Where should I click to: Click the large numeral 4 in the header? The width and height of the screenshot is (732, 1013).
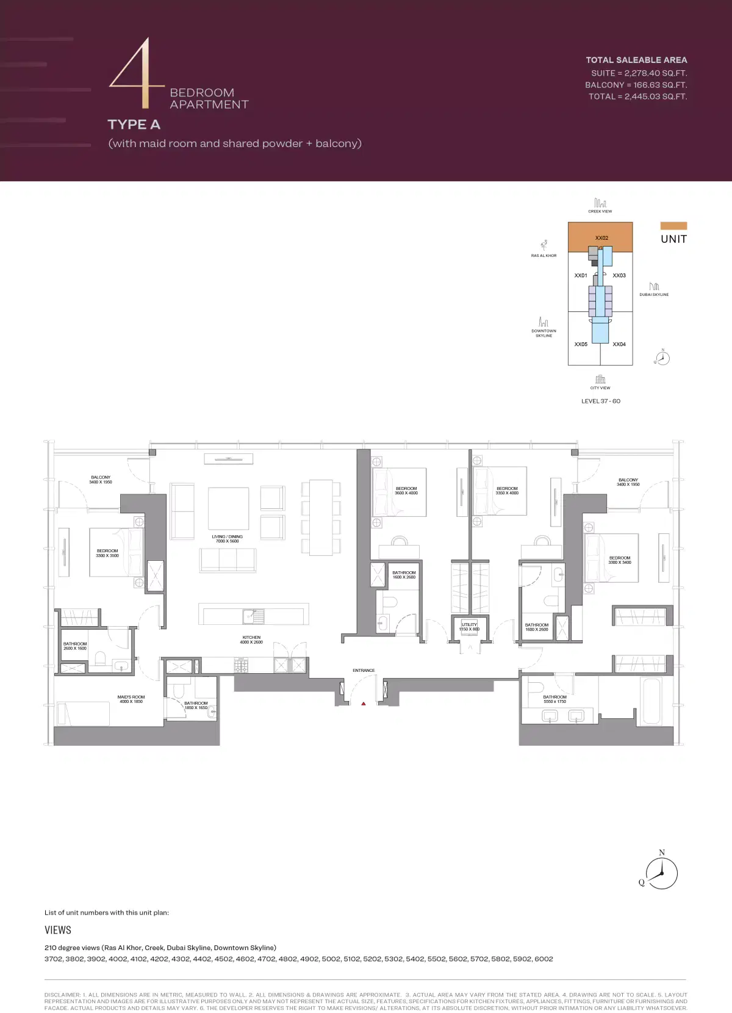pyautogui.click(x=136, y=73)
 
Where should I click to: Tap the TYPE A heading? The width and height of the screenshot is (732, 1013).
pyautogui.click(x=134, y=124)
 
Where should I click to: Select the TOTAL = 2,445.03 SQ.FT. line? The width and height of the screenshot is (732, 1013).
pyautogui.click(x=637, y=96)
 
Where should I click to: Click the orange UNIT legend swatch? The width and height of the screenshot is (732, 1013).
pyautogui.click(x=673, y=226)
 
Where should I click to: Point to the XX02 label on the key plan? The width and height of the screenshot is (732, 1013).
pyautogui.click(x=601, y=238)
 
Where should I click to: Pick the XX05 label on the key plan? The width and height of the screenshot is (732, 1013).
pyautogui.click(x=581, y=344)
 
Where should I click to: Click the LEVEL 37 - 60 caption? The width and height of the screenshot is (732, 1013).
pyautogui.click(x=601, y=401)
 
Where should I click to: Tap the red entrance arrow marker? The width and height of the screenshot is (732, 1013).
pyautogui.click(x=364, y=704)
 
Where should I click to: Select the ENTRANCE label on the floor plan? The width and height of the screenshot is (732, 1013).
pyautogui.click(x=364, y=670)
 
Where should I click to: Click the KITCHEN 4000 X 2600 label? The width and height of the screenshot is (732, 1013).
pyautogui.click(x=251, y=640)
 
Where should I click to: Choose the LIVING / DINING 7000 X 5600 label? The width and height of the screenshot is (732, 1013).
pyautogui.click(x=228, y=539)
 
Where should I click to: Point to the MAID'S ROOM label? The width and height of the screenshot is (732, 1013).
pyautogui.click(x=131, y=699)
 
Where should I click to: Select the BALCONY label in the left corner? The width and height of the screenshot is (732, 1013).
pyautogui.click(x=101, y=480)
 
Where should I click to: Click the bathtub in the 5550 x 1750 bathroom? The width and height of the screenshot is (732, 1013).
pyautogui.click(x=651, y=701)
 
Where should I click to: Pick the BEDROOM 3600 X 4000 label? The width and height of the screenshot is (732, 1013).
pyautogui.click(x=406, y=491)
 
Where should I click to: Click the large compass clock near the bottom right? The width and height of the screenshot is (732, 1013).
pyautogui.click(x=662, y=873)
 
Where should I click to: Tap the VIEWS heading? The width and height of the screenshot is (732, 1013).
pyautogui.click(x=58, y=930)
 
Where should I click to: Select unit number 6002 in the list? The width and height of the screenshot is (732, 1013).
pyautogui.click(x=543, y=959)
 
